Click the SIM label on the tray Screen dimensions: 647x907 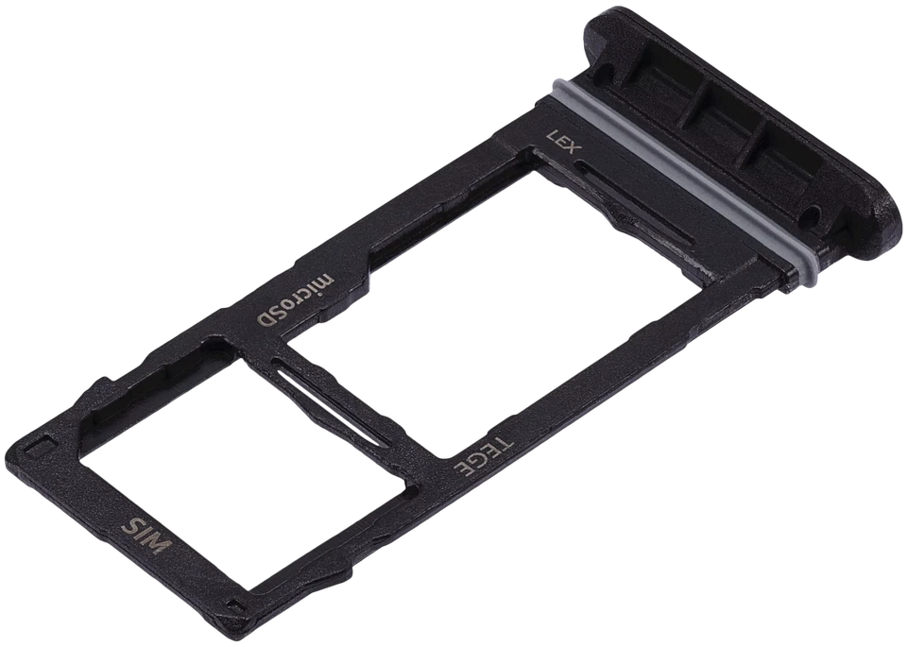coord(149,536)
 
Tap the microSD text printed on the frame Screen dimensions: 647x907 coord(295,300)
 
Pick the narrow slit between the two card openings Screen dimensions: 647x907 coord(331,395)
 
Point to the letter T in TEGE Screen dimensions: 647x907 coord(505,439)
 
